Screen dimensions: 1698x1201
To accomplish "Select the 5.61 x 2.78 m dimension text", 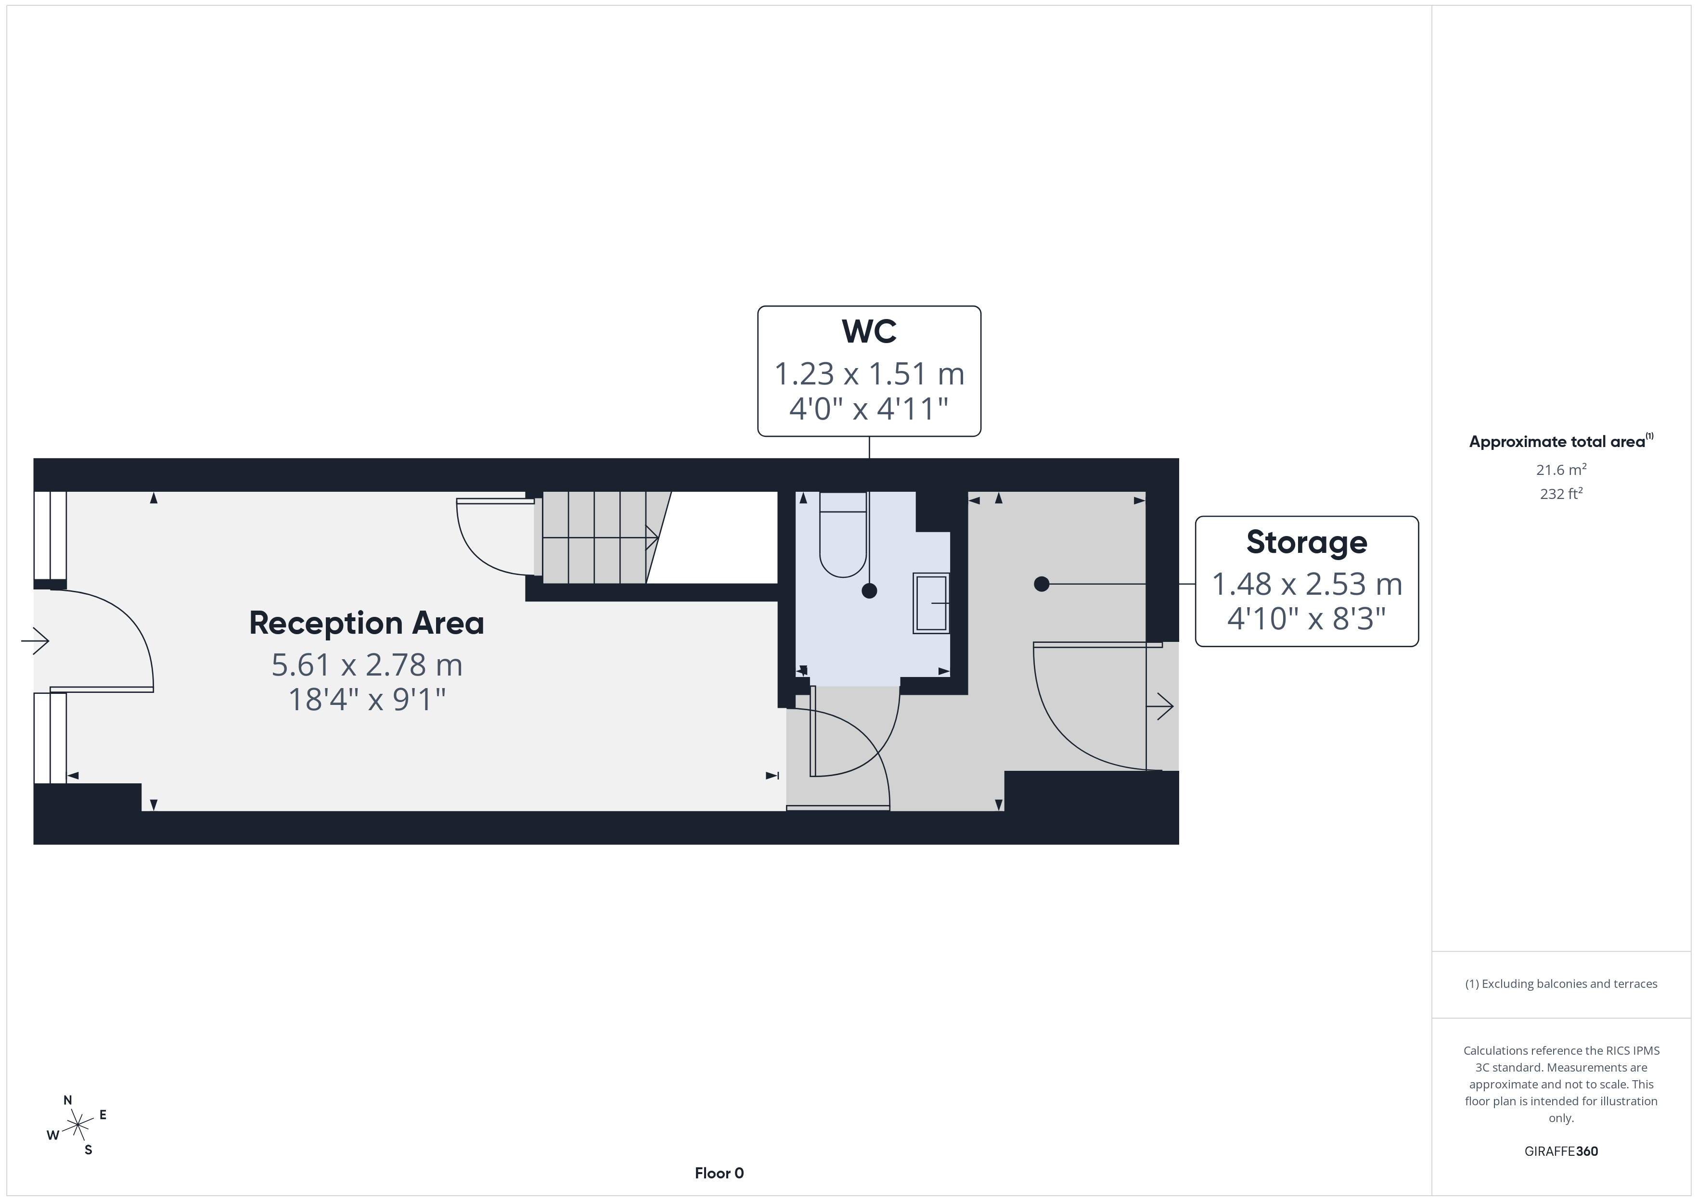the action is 367,665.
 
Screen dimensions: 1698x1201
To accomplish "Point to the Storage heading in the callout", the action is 1307,542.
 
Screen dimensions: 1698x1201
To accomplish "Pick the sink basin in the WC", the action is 931,603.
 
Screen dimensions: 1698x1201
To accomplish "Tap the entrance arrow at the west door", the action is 35,640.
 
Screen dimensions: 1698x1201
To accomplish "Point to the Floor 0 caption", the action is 719,1173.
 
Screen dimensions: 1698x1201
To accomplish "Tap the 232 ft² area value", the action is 1561,493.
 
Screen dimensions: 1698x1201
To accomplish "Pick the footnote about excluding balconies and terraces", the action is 1561,984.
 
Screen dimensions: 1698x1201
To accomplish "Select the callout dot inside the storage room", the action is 1042,584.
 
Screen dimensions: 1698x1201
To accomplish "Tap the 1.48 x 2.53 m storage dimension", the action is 1307,584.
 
